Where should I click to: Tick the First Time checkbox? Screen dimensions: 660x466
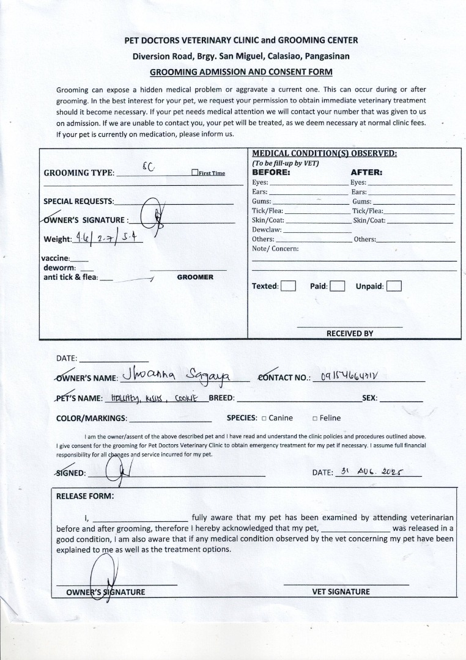[x=194, y=173]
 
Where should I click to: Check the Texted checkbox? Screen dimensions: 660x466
[x=288, y=286]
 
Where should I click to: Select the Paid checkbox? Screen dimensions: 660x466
[x=338, y=286]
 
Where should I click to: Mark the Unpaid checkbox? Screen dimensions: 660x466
[x=394, y=286]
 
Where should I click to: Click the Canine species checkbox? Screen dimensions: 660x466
[x=264, y=419]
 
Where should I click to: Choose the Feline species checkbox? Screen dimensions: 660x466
[x=315, y=419]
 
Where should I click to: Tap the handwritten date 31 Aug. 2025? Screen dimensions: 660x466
[x=374, y=472]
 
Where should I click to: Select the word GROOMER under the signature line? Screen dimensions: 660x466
[x=195, y=277]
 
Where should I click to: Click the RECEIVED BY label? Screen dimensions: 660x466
[x=349, y=334]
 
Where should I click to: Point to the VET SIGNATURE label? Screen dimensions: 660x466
[x=341, y=592]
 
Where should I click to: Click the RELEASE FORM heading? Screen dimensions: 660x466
[x=85, y=496]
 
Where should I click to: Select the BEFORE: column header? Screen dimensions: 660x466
[x=271, y=172]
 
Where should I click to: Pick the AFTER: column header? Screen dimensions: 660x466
[x=366, y=172]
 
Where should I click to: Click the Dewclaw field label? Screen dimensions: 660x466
[x=267, y=230]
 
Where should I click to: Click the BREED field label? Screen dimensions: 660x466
[x=222, y=398]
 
